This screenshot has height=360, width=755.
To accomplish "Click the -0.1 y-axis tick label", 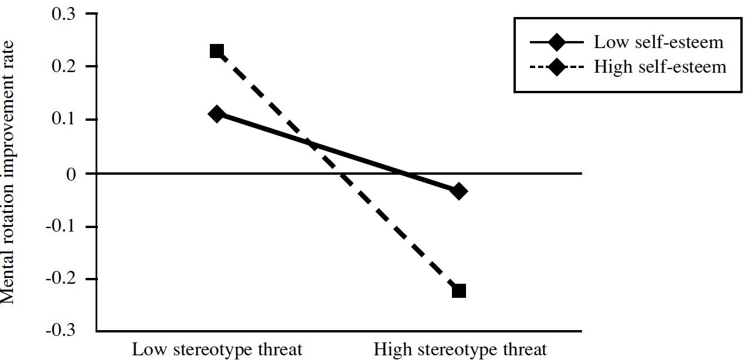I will (x=61, y=227).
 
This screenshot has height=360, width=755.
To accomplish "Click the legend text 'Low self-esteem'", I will (x=658, y=43).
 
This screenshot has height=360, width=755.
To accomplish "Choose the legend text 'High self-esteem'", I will (x=660, y=67).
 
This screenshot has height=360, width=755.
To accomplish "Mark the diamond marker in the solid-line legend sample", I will (x=556, y=43).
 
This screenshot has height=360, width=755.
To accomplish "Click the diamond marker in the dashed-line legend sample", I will (x=556, y=67).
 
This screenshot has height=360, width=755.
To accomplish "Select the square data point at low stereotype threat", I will (x=217, y=51).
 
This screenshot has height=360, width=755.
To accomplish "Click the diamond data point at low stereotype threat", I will (x=217, y=114).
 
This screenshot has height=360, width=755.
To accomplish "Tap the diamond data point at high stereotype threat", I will (x=459, y=191).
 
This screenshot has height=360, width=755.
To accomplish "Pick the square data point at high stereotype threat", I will (x=459, y=290).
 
